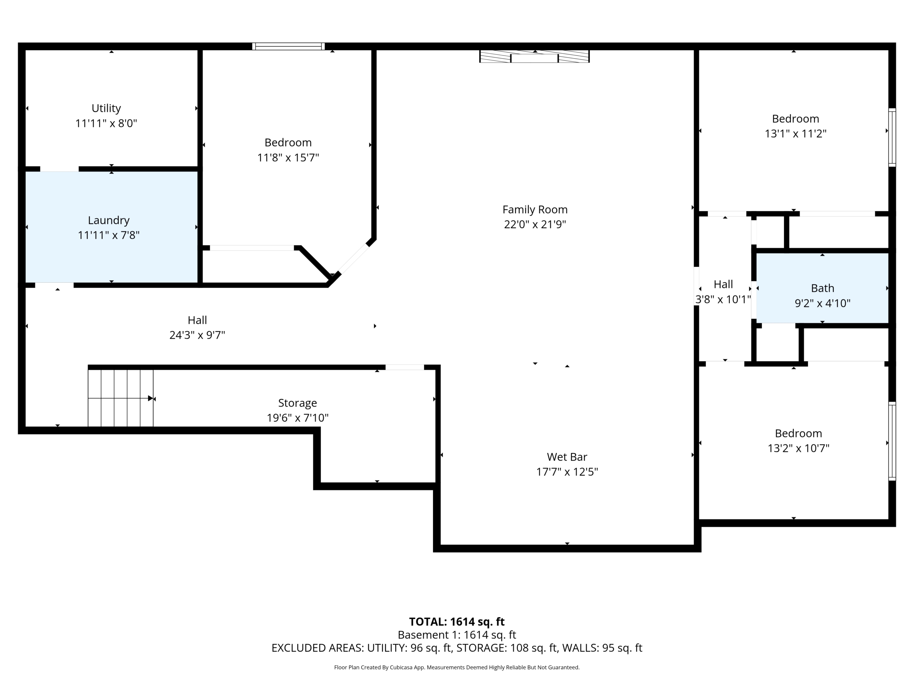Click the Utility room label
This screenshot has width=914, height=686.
coord(106,108)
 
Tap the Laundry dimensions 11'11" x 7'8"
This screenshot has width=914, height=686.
coord(109,235)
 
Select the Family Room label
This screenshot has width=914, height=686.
coord(535,210)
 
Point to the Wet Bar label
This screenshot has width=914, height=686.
coord(567,457)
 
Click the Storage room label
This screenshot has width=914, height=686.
coord(297,403)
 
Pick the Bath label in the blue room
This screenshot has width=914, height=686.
coord(823,288)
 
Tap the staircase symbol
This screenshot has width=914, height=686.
coord(121,398)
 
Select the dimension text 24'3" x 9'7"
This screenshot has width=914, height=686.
coord(197,335)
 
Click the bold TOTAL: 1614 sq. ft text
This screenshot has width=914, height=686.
coord(457,621)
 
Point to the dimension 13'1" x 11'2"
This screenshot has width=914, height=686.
coord(795,134)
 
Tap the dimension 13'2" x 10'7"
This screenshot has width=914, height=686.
coord(798,448)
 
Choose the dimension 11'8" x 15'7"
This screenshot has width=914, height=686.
coord(288,158)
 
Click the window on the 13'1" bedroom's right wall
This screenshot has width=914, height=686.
coord(892,138)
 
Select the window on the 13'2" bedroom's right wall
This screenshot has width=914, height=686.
coord(892,441)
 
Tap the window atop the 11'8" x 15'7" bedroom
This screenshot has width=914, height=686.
coord(288,46)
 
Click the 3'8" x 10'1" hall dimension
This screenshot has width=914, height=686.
coord(723,299)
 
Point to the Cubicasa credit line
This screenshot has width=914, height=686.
coord(457,667)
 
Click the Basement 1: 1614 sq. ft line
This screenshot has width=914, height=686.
coord(457,635)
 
